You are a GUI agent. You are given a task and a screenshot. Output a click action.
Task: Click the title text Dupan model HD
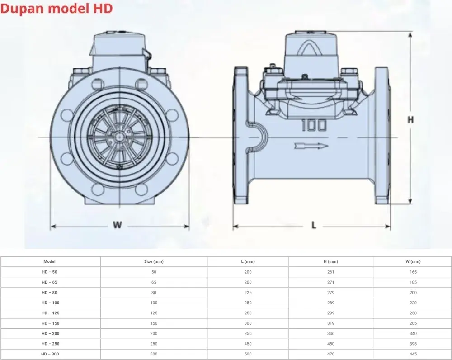(56, 9)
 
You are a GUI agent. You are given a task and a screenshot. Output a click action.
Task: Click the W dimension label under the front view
(118, 225)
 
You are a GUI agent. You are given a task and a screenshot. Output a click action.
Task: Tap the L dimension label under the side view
(314, 225)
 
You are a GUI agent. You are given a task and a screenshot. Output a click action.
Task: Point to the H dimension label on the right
(410, 120)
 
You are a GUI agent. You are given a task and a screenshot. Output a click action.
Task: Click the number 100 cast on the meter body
(314, 125)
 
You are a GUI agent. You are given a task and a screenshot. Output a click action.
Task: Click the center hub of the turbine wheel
(119, 137)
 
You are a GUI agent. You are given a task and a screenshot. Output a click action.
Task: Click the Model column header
(50, 261)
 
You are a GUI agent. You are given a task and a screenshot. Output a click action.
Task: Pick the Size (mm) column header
(154, 261)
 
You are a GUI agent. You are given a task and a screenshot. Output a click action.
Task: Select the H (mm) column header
(331, 261)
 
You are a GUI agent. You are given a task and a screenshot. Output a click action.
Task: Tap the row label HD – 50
(50, 272)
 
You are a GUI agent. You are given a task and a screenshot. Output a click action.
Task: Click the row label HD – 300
(50, 354)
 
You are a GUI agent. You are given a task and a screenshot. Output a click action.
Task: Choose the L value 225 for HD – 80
(248, 293)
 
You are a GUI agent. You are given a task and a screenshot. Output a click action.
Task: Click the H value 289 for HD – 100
(331, 303)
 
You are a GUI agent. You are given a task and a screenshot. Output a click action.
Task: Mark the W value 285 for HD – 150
(413, 323)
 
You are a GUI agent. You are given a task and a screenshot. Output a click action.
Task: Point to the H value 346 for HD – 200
(331, 333)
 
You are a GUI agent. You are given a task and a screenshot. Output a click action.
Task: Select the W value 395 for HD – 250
(413, 344)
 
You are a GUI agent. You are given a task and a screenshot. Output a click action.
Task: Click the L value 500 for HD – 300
(248, 354)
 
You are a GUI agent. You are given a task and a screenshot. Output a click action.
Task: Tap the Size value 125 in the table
(154, 313)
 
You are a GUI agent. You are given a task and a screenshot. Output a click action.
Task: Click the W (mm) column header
(413, 261)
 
